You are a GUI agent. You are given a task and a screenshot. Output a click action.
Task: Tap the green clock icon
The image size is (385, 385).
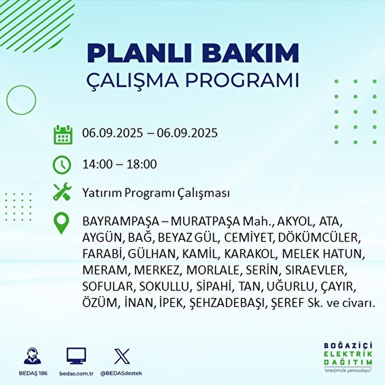[x=62, y=165]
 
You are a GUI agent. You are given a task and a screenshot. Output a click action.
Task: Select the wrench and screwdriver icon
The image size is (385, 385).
[x=62, y=192]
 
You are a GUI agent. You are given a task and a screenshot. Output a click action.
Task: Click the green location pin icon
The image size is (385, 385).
[x=61, y=224]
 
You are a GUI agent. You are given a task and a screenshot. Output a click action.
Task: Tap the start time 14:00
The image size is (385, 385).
[x=98, y=164]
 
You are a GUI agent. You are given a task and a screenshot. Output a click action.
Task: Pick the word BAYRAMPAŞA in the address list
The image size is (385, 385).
[x=121, y=221]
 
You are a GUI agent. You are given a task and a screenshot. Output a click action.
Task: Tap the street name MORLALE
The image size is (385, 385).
[x=212, y=270]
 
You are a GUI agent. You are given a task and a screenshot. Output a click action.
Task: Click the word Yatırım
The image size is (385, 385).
[x=102, y=193]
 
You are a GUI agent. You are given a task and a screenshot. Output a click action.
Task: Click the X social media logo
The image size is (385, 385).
[x=122, y=356]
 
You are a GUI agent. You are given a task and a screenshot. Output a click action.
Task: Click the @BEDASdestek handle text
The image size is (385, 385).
[x=121, y=373]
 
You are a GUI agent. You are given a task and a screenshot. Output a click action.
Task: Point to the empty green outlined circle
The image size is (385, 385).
[x=21, y=100]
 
